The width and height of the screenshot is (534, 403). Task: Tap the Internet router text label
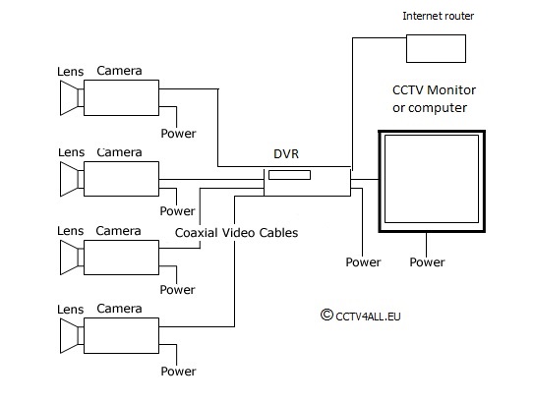point(438,16)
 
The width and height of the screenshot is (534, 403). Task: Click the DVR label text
point(286,154)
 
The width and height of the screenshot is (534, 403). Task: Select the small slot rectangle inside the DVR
point(289,175)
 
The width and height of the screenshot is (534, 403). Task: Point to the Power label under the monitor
point(427,262)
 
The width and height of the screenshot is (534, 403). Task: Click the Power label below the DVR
point(363,262)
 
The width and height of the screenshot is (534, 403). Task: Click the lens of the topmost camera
point(72,97)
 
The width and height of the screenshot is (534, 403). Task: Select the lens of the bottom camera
point(72,335)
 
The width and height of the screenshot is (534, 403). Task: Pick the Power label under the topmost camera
point(178,134)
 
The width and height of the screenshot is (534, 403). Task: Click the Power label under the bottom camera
point(178,371)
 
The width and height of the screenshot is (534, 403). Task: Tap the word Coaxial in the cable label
point(196,233)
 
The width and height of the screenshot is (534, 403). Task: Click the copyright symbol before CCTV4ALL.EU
point(326,315)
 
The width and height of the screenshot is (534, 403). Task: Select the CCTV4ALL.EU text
point(368,317)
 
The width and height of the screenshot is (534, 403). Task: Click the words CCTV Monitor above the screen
point(434,90)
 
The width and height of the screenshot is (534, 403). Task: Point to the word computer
point(438,108)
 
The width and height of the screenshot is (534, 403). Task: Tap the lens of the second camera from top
point(72,179)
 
